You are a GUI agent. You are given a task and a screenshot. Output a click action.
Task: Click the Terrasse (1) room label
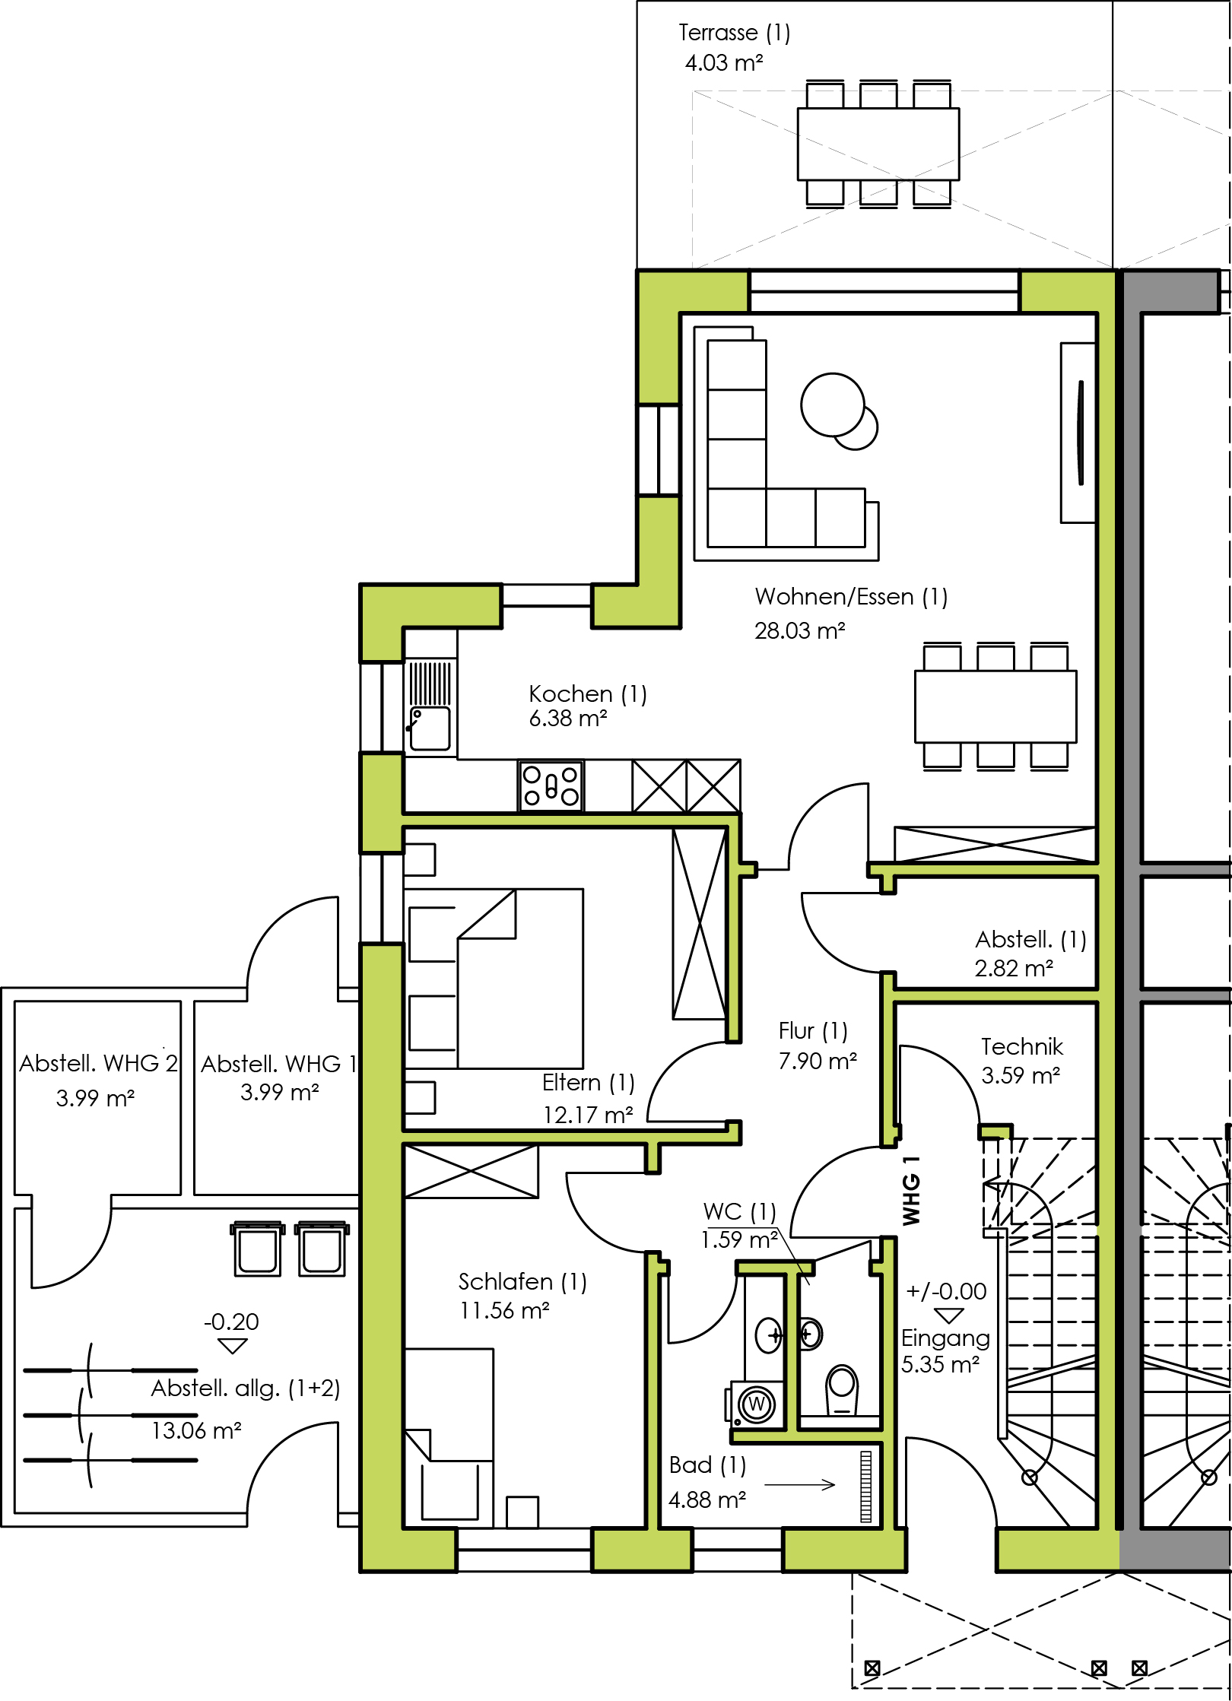tap(734, 33)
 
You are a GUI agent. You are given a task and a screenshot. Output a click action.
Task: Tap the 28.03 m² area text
tap(799, 630)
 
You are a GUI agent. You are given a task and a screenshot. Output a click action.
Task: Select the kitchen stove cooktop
tap(551, 785)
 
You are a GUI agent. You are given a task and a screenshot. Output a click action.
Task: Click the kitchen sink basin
tap(430, 729)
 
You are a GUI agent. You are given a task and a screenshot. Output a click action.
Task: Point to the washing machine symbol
tap(755, 1403)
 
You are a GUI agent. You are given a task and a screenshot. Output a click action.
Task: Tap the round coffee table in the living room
tap(838, 411)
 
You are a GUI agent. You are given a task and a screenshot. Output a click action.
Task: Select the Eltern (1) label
tap(588, 1082)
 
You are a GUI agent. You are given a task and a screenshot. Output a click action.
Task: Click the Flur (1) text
tap(812, 1031)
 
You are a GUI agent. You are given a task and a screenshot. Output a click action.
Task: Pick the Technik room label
tap(1021, 1047)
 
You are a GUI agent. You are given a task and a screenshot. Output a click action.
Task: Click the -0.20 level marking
tap(231, 1322)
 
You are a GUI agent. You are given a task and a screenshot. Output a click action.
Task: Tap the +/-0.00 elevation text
tap(946, 1291)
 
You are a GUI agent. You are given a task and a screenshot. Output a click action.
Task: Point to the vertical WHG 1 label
tap(911, 1191)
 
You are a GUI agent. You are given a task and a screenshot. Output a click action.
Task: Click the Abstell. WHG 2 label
tap(99, 1063)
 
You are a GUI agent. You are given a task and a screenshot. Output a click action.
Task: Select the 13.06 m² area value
tap(196, 1431)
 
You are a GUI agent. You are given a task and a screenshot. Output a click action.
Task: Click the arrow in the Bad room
tap(799, 1484)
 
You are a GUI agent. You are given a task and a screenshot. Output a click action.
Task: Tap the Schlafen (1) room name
tap(522, 1282)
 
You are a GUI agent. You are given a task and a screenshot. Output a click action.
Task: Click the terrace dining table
tap(878, 144)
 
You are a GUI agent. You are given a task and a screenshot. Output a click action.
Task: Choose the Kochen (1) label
tap(587, 694)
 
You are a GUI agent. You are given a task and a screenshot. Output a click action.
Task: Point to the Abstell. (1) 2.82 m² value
tap(1014, 969)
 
